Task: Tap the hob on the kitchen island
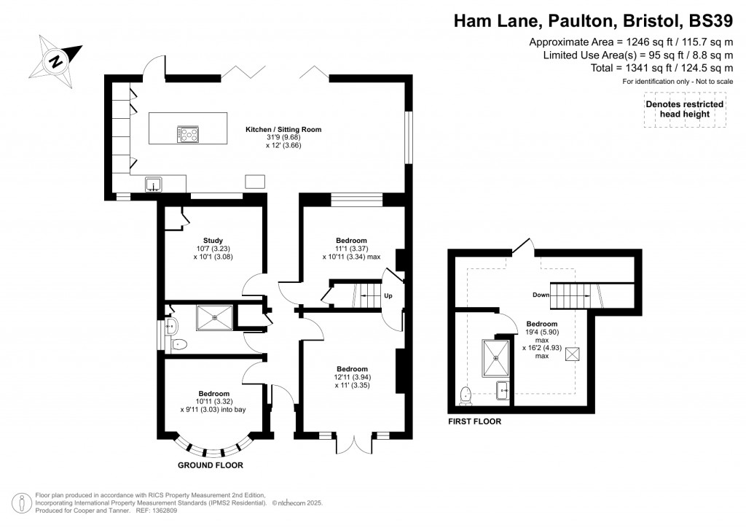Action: pos(188,133)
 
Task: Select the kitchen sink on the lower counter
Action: pos(154,183)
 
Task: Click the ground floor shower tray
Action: pos(215,315)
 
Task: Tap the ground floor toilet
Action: pos(179,343)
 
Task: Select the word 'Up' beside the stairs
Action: pos(388,296)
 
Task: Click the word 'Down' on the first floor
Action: pos(541,295)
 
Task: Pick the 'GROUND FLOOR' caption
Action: pos(210,465)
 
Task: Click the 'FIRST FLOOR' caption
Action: pos(474,422)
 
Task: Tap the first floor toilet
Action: pos(466,395)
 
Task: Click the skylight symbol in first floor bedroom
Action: pos(572,354)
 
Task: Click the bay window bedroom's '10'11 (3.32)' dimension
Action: pos(213,402)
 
